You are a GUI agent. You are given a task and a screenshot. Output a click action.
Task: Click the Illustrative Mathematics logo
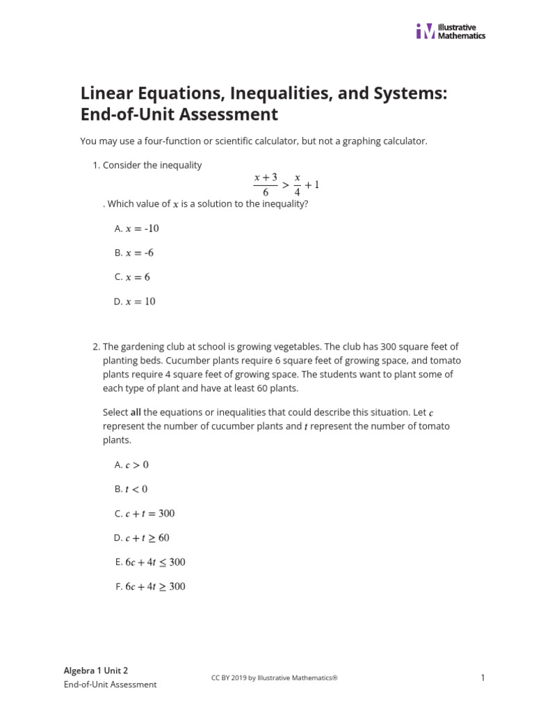point(451,31)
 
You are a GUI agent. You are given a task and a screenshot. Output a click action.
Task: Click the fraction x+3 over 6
point(266,185)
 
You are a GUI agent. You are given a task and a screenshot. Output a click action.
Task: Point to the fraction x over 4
point(297,185)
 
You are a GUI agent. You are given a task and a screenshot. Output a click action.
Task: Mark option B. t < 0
point(131,489)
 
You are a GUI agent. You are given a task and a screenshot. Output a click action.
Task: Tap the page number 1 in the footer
point(482,677)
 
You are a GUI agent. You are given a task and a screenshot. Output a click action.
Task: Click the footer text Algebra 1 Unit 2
point(96,671)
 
